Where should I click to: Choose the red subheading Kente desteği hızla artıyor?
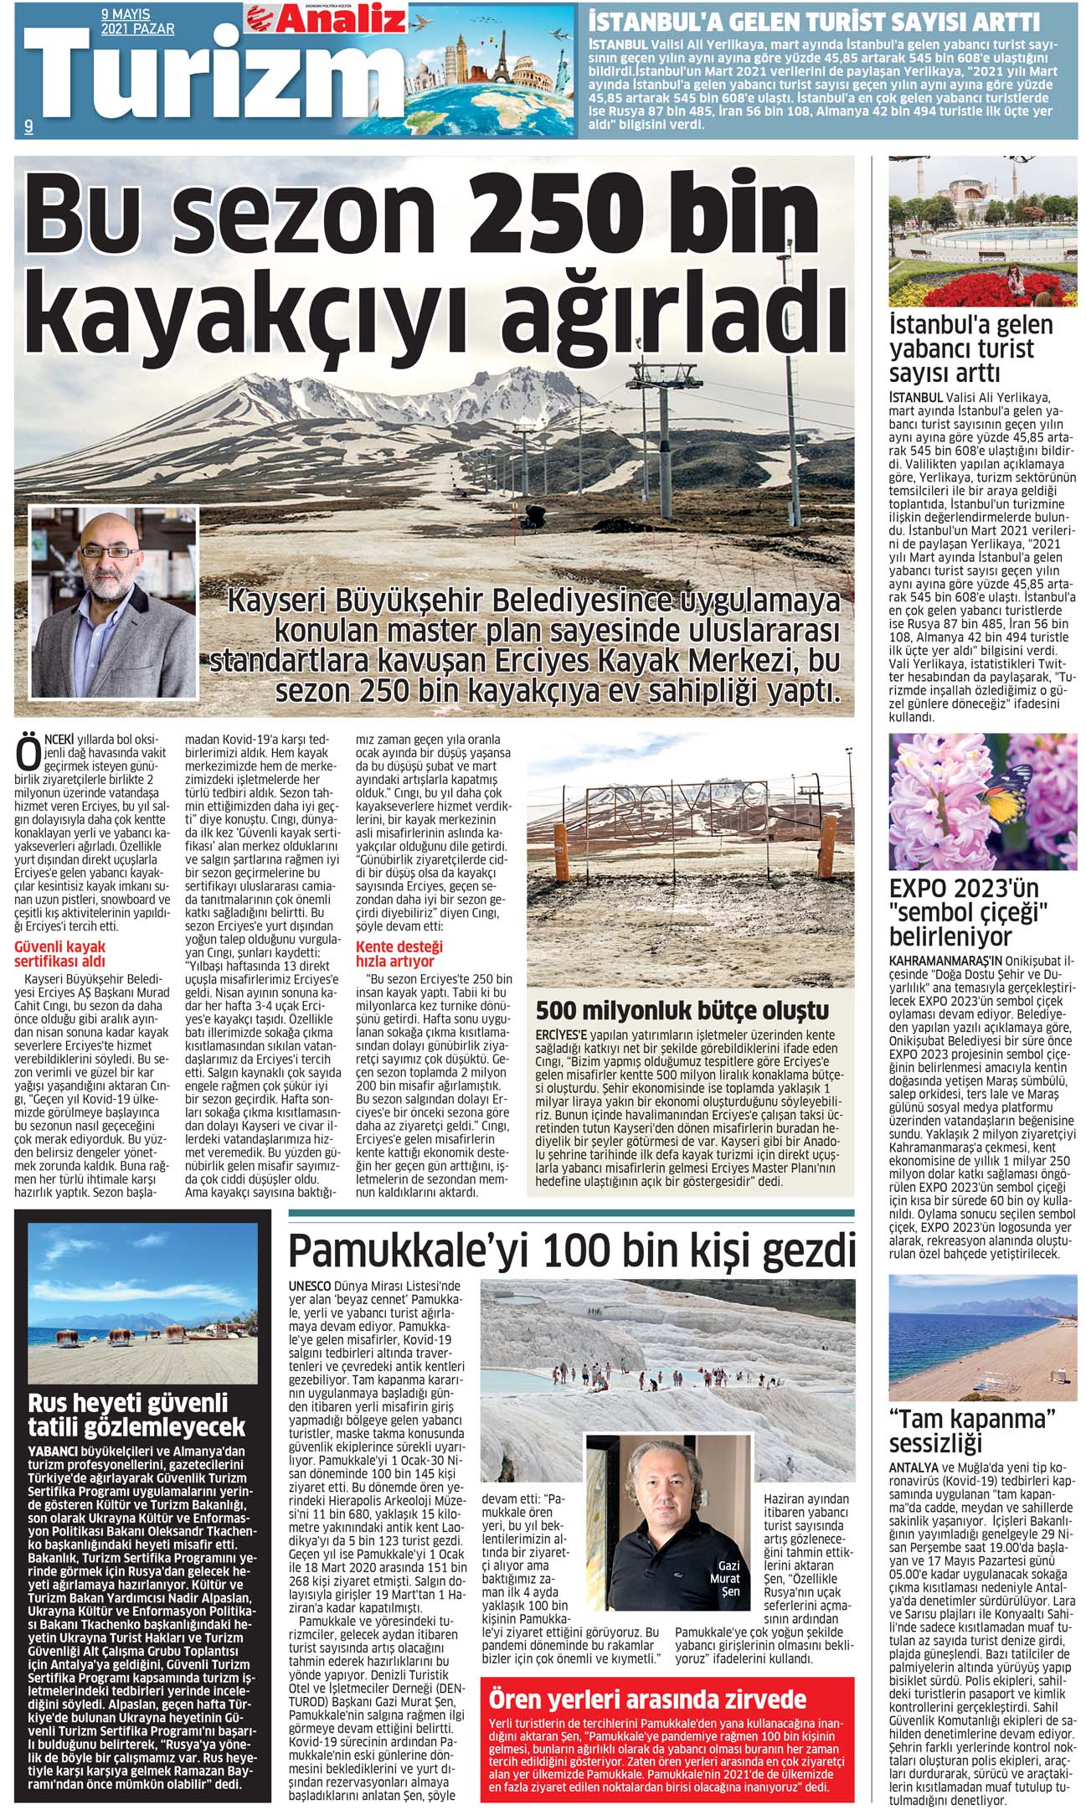tap(400, 953)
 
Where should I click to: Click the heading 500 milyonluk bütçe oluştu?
tap(682, 1010)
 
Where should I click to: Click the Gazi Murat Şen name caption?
tap(725, 1579)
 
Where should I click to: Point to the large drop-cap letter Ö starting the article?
tap(28, 752)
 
